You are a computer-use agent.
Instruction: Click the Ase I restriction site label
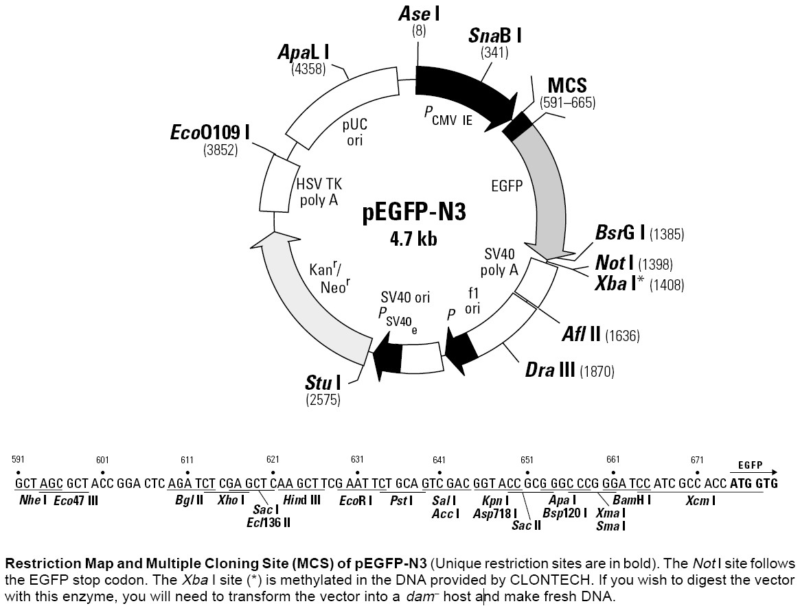(x=417, y=14)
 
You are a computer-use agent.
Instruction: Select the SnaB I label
(x=494, y=35)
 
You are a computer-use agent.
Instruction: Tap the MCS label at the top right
(x=567, y=86)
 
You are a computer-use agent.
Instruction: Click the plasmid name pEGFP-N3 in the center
(x=414, y=213)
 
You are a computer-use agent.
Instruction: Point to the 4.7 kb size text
(x=413, y=238)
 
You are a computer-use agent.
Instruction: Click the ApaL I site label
(x=303, y=51)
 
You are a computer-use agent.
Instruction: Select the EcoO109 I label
(x=209, y=132)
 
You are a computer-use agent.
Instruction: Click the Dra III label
(x=550, y=371)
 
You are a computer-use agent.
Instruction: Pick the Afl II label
(x=582, y=335)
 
